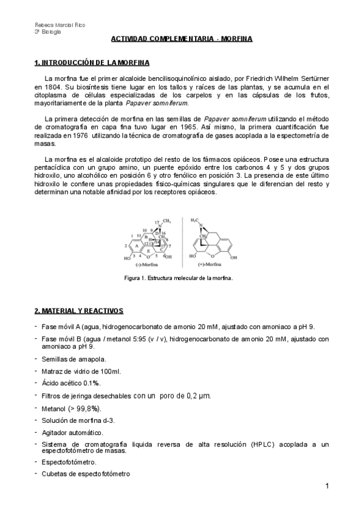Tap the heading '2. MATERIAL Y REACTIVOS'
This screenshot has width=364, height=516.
pos(79,311)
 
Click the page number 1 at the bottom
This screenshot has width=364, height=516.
pos(327,486)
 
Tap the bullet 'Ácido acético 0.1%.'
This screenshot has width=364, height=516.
pos(71,383)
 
